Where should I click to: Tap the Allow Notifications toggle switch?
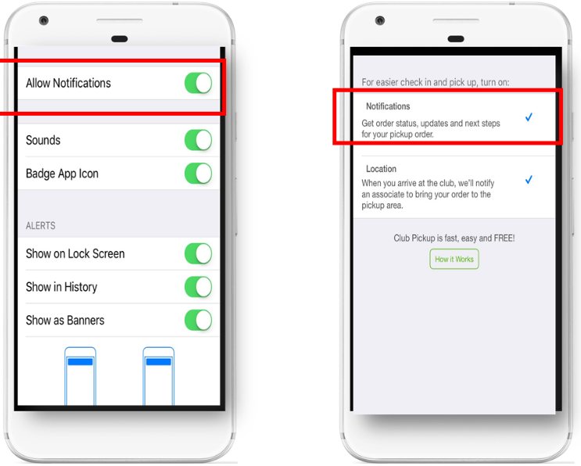coord(199,83)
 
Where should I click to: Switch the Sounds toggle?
coord(199,140)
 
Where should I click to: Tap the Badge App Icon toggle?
coord(199,174)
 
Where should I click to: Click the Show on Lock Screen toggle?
coord(199,254)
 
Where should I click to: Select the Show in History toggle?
coord(199,287)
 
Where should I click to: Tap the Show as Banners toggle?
coord(199,320)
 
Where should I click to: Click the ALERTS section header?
coord(41,226)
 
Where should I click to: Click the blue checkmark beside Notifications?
coord(529,117)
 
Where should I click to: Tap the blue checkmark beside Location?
coord(529,180)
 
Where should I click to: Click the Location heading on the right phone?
coord(381,169)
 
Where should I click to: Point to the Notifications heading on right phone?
coord(388,106)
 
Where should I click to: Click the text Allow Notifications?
coord(68,83)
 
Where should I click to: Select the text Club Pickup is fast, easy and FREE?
coord(454,238)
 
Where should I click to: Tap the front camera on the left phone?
coord(44,20)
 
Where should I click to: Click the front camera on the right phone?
coord(380,20)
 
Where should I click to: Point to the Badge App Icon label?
coord(62,174)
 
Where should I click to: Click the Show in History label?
coord(62,287)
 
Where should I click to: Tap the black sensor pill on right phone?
coord(456,39)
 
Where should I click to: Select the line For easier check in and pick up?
coord(435,82)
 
